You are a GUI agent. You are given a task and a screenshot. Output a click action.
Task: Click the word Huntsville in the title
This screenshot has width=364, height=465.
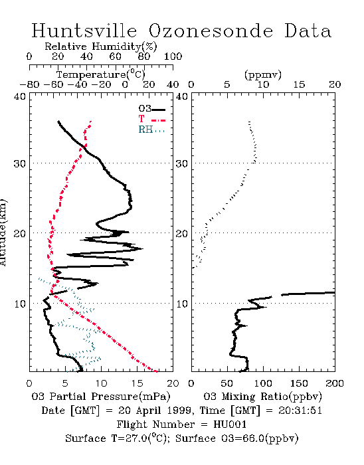[x=84, y=31]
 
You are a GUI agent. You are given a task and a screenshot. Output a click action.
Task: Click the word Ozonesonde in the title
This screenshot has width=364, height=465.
[x=211, y=31]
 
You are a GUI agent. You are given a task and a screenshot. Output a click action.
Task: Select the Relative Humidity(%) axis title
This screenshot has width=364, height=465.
[x=101, y=46]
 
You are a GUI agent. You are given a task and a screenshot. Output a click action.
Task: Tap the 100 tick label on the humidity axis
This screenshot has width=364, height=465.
[x=173, y=56]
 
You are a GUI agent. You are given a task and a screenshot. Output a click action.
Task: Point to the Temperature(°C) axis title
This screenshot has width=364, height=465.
[x=101, y=74]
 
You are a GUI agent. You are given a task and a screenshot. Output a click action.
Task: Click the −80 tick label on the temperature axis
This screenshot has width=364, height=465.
[x=29, y=85]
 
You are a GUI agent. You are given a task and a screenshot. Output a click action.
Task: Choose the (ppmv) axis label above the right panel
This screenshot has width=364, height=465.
[x=263, y=74]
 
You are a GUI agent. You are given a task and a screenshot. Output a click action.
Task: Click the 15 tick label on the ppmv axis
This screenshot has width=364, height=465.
[x=299, y=85]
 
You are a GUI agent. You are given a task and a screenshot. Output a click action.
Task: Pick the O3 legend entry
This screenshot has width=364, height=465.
[x=151, y=109]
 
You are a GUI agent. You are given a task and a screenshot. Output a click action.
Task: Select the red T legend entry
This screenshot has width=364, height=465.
[x=151, y=119]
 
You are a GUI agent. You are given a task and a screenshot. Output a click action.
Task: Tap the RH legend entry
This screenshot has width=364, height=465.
[x=151, y=130]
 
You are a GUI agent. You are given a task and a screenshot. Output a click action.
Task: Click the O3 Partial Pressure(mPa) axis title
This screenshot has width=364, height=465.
[x=101, y=397]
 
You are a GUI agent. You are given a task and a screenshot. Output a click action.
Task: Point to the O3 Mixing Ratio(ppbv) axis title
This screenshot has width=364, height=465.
[x=262, y=397]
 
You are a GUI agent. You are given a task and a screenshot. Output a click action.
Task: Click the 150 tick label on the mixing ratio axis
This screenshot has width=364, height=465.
[x=299, y=383]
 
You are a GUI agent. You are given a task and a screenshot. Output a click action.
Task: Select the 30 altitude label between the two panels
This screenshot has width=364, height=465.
[x=182, y=163]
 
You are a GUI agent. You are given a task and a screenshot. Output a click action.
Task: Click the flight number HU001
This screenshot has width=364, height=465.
[x=230, y=424]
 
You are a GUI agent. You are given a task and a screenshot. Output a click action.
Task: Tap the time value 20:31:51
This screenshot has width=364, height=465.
[x=300, y=411]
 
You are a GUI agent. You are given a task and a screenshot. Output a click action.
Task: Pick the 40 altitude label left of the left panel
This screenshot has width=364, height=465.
[x=20, y=96]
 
